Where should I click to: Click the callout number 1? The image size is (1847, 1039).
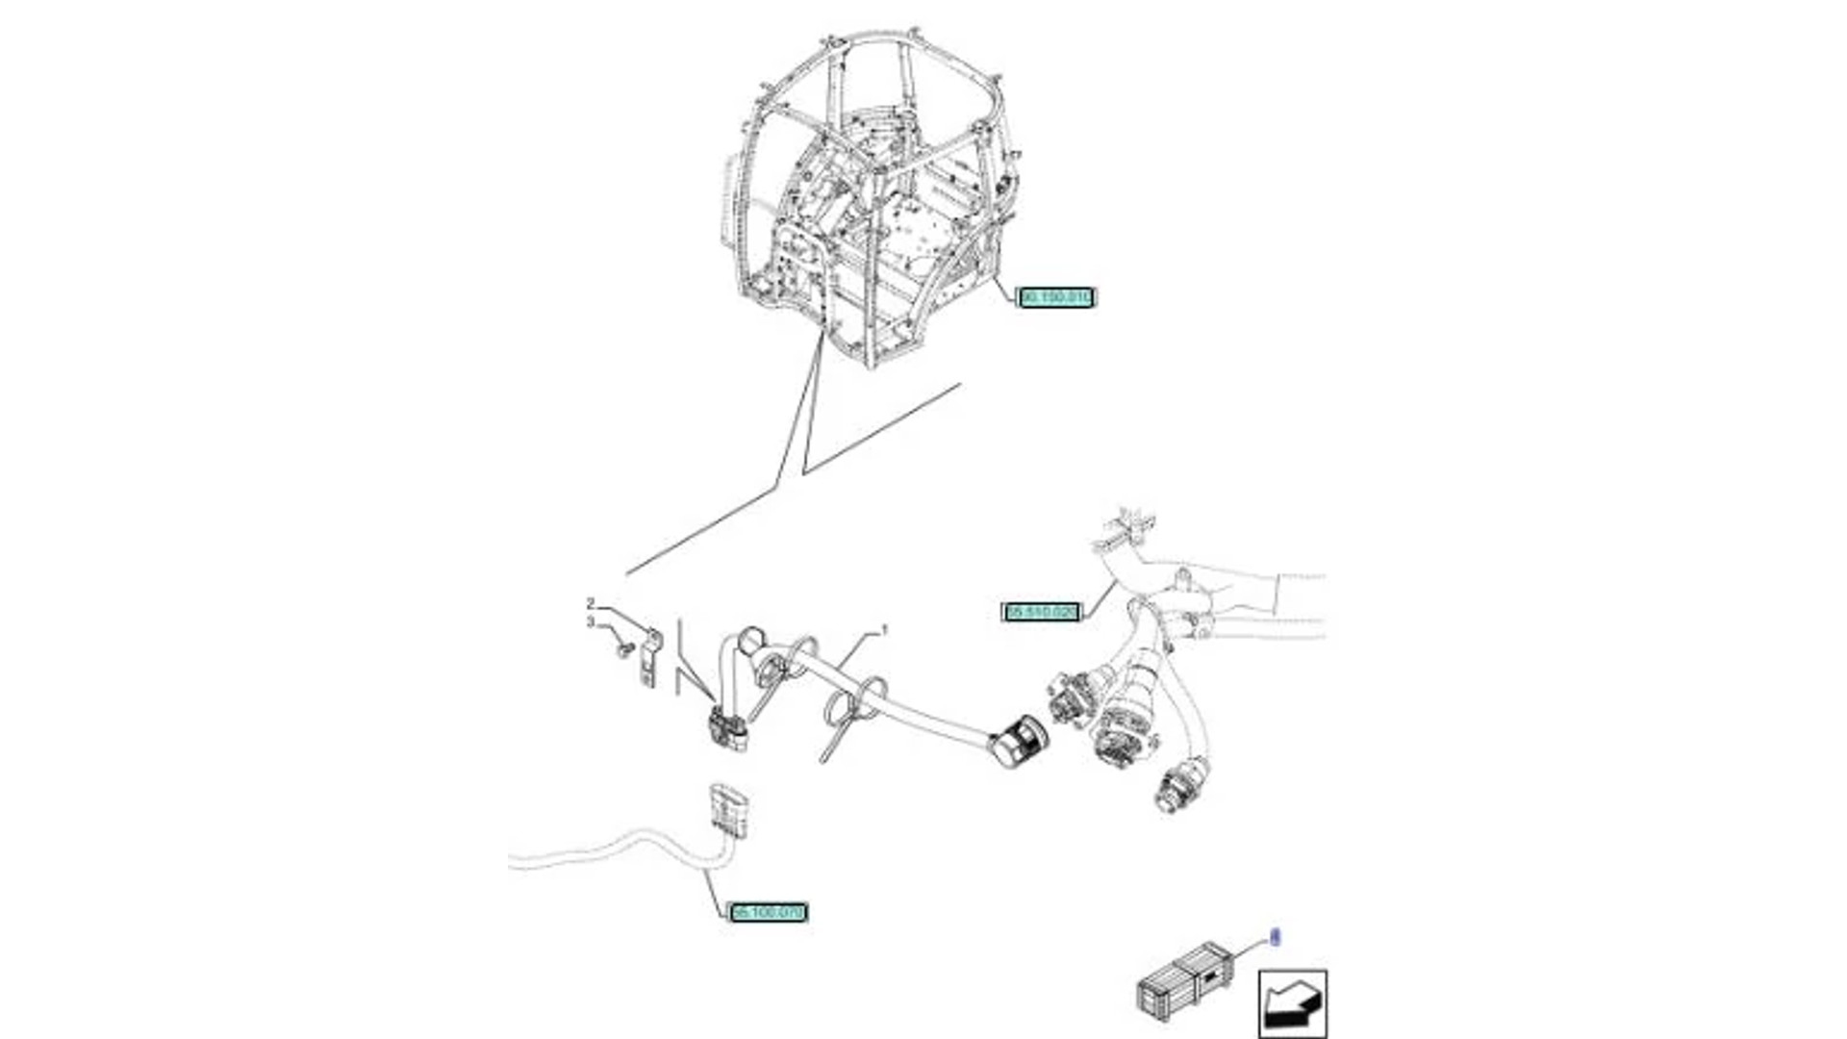tap(884, 631)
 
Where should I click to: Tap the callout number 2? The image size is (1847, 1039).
tap(591, 604)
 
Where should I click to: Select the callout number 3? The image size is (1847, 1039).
tap(591, 623)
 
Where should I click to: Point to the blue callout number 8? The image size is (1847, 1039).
tap(1276, 937)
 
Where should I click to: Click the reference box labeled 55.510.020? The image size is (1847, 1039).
tap(1042, 612)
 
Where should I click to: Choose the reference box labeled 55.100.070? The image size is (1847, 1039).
tap(768, 911)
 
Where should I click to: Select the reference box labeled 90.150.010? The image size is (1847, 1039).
tap(1055, 297)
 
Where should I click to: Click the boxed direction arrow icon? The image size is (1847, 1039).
tap(1292, 1003)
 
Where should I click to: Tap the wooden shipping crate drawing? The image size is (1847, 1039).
tap(1184, 980)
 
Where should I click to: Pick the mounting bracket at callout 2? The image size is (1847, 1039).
tap(650, 659)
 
